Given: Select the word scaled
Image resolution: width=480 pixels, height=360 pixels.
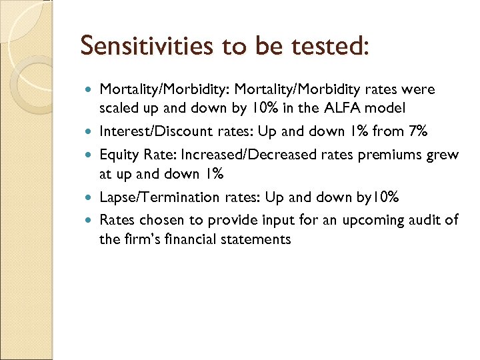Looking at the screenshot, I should coord(117,107).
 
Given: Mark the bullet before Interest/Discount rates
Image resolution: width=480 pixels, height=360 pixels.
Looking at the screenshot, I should coord(89,132).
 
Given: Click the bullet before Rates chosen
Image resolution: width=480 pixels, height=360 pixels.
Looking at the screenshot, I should coord(89,219).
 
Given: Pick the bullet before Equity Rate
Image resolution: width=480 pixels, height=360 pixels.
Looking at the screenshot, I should coord(89,155).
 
